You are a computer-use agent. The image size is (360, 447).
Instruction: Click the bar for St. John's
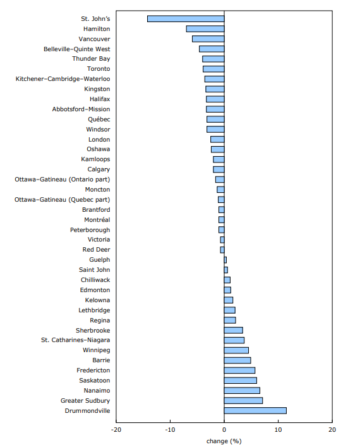point(186,18)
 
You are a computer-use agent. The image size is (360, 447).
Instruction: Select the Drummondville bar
point(255,410)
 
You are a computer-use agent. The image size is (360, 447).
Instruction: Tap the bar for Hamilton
point(205,28)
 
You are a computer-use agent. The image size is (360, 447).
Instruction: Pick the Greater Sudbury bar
point(243,400)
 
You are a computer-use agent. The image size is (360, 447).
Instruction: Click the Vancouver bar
point(208,39)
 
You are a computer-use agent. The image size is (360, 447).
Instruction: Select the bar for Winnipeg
point(236,350)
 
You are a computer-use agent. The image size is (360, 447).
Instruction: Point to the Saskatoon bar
point(240,380)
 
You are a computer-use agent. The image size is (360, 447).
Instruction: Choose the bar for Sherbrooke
point(233,330)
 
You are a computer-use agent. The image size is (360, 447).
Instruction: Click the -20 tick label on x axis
point(116,430)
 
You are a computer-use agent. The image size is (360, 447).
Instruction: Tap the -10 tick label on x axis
point(170,430)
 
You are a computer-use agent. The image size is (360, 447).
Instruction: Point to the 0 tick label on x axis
point(224,430)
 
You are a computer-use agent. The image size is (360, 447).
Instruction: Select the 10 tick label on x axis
point(278,430)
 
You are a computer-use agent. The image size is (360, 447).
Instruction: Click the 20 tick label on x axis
point(332,430)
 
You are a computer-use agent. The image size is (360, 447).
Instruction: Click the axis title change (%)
point(224,441)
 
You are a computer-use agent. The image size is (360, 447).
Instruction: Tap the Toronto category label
point(98,69)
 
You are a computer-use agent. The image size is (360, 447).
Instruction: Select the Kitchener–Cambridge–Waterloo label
point(63,79)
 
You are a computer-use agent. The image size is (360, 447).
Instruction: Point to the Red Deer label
point(96,250)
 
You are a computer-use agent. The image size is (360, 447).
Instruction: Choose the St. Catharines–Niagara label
point(75,340)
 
